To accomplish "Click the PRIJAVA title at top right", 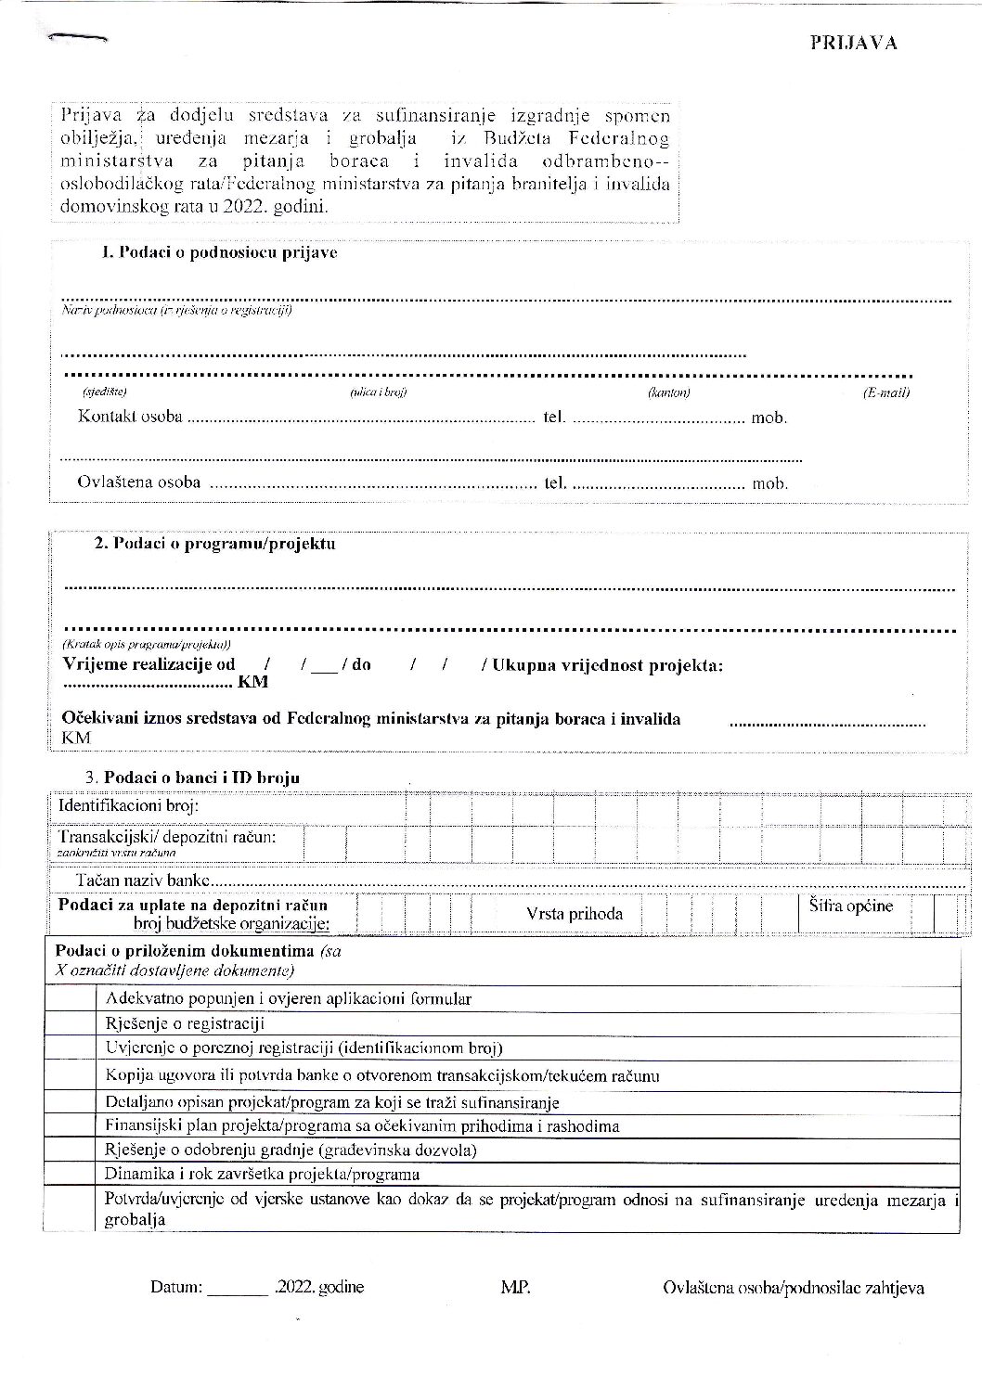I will pos(852,44).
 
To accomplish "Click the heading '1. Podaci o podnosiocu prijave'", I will pos(219,252).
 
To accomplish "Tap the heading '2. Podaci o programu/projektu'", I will pos(214,544).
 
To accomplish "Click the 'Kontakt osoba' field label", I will pos(130,417).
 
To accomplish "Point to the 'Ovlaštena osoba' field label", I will pos(138,482).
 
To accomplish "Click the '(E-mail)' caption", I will pos(885,392).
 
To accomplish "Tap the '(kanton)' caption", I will pos(668,392).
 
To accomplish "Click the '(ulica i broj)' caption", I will pos(378,392).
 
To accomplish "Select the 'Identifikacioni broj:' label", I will pos(128,805).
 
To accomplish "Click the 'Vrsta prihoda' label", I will pos(574,914).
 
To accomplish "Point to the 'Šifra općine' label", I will pos(849,906).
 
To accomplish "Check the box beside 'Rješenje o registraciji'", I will pos(72,1023).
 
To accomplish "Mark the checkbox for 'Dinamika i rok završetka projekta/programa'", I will pos(72,1174).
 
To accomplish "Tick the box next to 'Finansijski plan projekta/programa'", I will pos(72,1126).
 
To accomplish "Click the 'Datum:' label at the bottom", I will pos(175,1287).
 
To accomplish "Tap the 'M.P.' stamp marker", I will pos(515,1287).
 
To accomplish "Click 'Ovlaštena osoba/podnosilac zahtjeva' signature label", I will pos(794,1288).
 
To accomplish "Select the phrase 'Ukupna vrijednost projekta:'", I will pos(608,665).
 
